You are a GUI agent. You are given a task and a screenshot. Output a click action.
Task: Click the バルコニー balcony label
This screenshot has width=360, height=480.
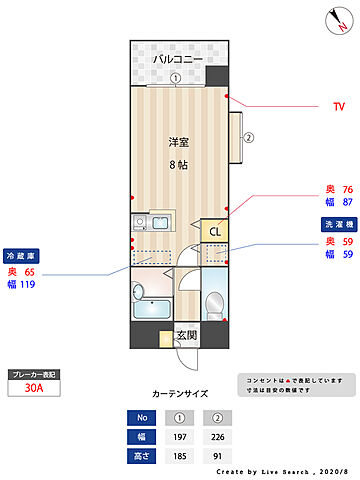click(x=177, y=60)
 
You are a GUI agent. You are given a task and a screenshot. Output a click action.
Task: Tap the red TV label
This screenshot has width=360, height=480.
click(x=339, y=106)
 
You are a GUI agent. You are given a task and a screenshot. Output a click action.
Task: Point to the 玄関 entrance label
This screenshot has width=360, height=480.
click(x=186, y=336)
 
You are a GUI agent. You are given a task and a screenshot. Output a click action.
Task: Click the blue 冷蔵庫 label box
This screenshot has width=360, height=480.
click(x=22, y=255)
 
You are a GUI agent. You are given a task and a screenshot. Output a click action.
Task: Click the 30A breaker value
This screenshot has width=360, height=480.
click(x=33, y=390)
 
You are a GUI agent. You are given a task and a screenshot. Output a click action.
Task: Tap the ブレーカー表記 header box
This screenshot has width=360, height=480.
click(x=33, y=374)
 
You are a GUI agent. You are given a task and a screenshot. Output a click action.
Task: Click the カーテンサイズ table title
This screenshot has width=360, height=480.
click(x=180, y=395)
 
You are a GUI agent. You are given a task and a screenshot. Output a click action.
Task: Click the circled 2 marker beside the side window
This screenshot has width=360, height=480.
click(x=249, y=138)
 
